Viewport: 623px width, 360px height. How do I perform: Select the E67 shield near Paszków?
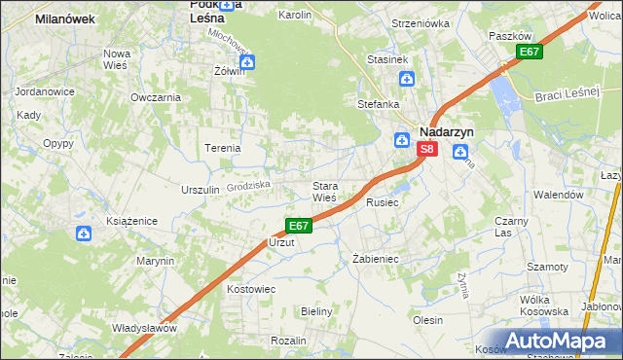(x=529, y=52)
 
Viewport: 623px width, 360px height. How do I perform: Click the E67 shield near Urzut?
(x=299, y=226)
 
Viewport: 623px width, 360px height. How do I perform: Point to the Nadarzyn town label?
(x=446, y=129)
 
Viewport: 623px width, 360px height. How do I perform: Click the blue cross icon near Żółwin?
(x=247, y=62)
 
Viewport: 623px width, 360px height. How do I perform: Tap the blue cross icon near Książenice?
(x=84, y=234)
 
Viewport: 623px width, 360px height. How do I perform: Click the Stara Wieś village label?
(x=324, y=192)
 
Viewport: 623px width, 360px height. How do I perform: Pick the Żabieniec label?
(x=375, y=260)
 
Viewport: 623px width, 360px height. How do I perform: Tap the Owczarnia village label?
(x=156, y=97)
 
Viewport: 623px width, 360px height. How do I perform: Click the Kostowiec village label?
(x=251, y=289)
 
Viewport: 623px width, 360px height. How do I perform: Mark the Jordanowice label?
(x=38, y=91)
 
